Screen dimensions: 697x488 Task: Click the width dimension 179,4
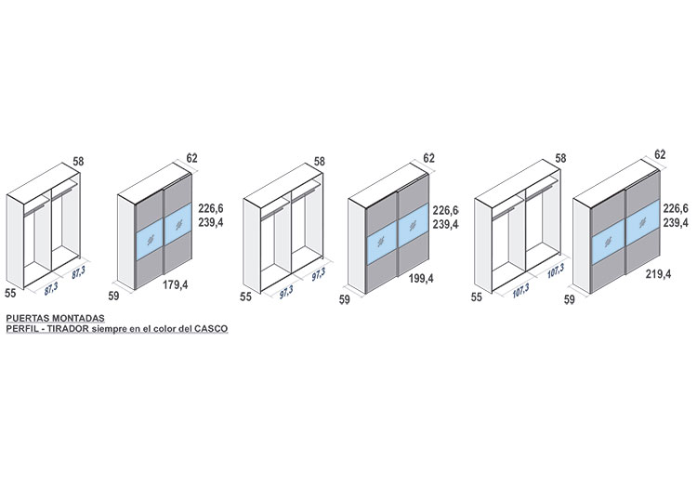click(x=175, y=284)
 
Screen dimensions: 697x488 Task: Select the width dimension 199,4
click(x=421, y=279)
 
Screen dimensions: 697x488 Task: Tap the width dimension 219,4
click(x=658, y=274)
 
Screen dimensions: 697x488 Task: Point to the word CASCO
click(x=211, y=329)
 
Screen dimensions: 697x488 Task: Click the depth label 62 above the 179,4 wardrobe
click(x=192, y=158)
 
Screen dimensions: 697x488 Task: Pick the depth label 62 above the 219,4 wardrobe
click(x=660, y=154)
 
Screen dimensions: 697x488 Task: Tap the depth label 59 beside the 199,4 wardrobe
click(x=345, y=299)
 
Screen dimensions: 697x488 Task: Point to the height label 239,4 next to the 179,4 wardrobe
click(x=211, y=222)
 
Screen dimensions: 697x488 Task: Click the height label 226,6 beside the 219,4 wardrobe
click(x=676, y=208)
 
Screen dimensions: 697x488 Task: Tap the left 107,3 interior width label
click(x=520, y=290)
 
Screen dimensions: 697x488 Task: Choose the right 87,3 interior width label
click(x=78, y=272)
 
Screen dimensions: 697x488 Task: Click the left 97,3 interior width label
click(x=286, y=292)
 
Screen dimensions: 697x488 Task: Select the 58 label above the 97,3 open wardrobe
click(x=320, y=162)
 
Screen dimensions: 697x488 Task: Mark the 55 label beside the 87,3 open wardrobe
click(x=10, y=293)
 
